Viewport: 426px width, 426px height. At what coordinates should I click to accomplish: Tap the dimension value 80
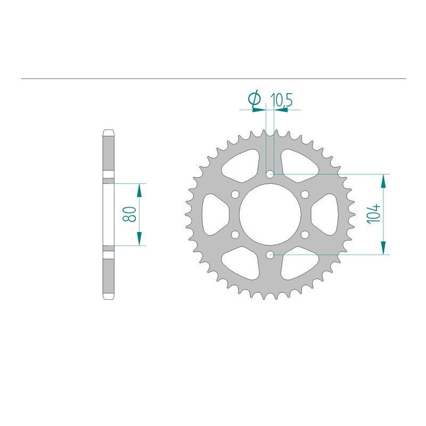click(128, 214)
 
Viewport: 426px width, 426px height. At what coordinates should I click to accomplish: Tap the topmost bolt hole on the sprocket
click(270, 174)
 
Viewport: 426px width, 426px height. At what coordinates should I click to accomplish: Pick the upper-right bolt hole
click(305, 194)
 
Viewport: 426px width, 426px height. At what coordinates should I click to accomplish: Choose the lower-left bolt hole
click(235, 234)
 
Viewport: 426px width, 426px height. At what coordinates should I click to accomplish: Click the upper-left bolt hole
click(235, 194)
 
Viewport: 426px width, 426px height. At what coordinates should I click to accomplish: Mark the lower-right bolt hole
click(305, 234)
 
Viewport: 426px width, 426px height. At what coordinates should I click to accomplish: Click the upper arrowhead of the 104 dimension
click(383, 180)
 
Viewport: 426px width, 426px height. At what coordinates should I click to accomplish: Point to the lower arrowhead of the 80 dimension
click(140, 240)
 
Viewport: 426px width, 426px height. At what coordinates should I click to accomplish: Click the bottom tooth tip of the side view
click(108, 297)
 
